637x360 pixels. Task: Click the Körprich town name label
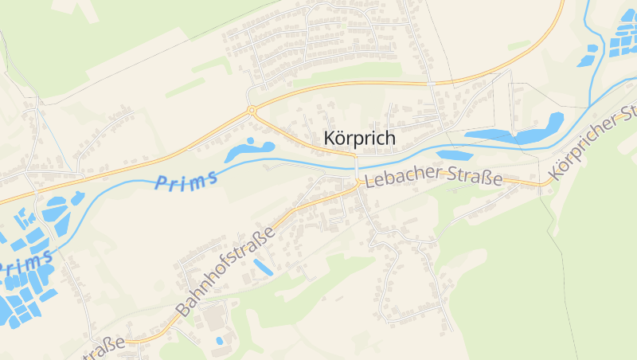point(360,137)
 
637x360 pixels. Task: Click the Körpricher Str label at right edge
point(593,143)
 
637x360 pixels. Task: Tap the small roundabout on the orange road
point(252,110)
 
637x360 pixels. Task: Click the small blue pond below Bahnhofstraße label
point(263,268)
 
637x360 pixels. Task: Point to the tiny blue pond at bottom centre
point(219,341)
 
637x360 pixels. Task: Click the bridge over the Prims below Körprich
point(356,164)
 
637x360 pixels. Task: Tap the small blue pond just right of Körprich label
point(451,155)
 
